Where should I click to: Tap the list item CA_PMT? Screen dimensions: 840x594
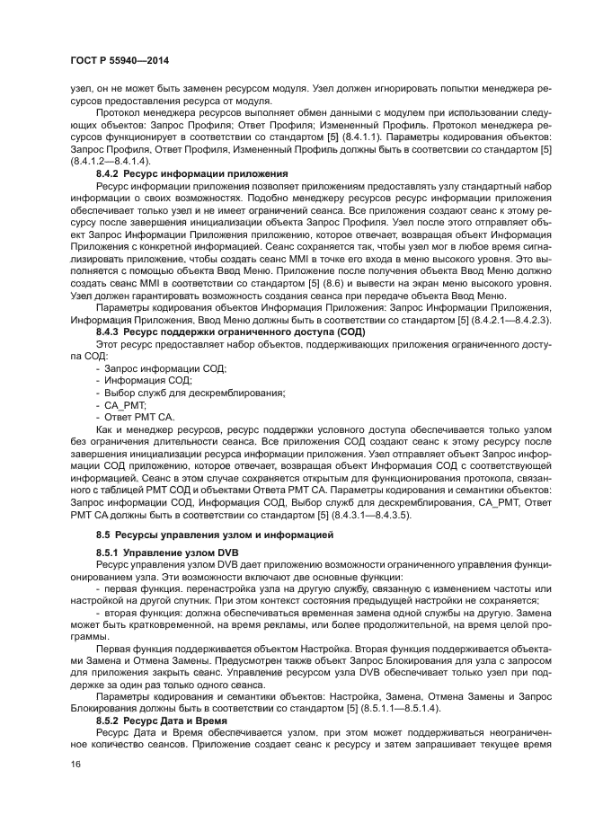(127, 405)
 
